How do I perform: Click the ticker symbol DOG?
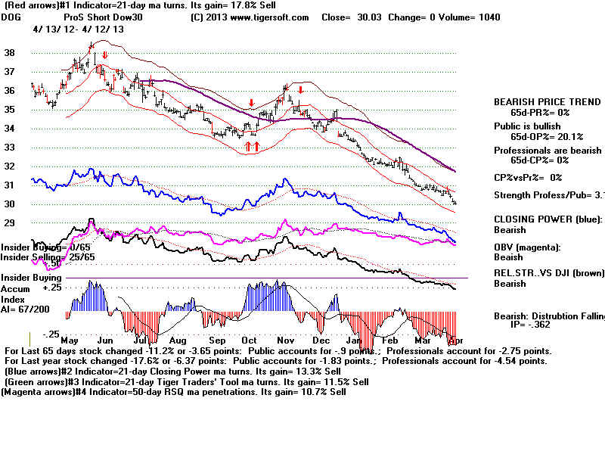click(x=13, y=17)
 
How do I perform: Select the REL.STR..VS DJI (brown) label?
click(x=548, y=273)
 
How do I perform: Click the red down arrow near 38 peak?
click(x=105, y=55)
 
